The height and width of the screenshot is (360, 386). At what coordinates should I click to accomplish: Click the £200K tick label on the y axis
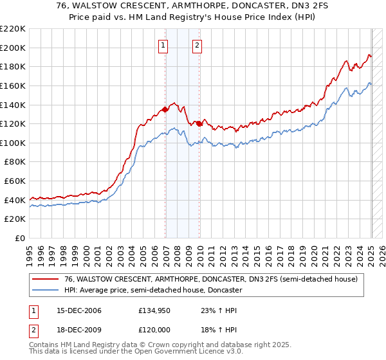pyautogui.click(x=14, y=48)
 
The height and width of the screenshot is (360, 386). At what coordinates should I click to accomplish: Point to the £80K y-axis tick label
pyautogui.click(x=15, y=162)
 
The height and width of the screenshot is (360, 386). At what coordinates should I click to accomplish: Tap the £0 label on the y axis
pyautogui.click(x=21, y=239)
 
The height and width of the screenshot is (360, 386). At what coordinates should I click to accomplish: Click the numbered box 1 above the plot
pyautogui.click(x=163, y=45)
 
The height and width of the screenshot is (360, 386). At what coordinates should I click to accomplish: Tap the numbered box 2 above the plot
pyautogui.click(x=197, y=45)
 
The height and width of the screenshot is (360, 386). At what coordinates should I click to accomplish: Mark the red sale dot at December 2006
pyautogui.click(x=165, y=109)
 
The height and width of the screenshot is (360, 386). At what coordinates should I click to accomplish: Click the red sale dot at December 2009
pyautogui.click(x=199, y=123)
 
